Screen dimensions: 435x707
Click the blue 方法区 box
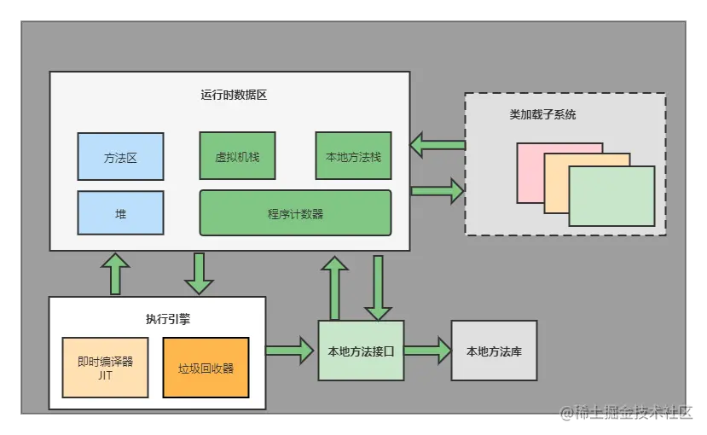120,157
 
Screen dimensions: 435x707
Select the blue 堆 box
120,213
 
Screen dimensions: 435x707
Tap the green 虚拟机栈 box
237,156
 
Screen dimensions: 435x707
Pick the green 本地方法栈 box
353,156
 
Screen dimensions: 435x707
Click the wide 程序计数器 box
295,213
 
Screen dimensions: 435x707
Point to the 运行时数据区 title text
229,95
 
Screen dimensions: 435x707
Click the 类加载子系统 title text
542,114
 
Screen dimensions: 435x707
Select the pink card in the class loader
530,162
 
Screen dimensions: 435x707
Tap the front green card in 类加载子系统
611,196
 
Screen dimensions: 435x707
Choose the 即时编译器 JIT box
105,368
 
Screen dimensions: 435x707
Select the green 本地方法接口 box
361,351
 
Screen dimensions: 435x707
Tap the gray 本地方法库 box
494,351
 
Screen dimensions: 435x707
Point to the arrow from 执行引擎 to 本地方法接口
290,350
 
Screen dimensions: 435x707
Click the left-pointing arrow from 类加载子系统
437,144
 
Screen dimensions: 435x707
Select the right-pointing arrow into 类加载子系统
437,189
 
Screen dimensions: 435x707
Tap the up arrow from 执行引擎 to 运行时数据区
115,273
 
